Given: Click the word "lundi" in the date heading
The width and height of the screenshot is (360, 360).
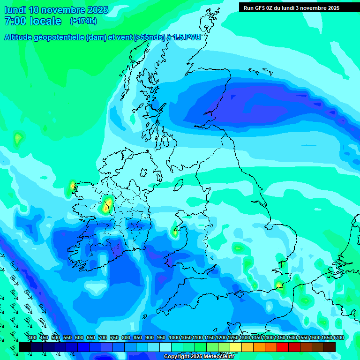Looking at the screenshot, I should pos(15,10).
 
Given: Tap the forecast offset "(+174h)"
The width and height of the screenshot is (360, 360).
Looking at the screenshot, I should pos(83,21).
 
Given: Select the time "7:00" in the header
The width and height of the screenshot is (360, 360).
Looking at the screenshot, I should pos(15,21).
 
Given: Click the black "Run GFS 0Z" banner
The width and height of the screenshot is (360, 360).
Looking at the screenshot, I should pos(291,7).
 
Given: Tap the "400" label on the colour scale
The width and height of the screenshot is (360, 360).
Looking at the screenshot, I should pos(32,337).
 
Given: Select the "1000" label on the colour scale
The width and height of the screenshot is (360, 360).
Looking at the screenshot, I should pos(174,337).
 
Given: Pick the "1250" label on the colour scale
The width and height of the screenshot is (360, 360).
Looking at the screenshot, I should pos(233,337).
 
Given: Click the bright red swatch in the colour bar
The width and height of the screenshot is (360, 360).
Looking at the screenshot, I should pos(283,347).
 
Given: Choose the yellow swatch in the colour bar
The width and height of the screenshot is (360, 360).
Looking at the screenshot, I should pos(236,347).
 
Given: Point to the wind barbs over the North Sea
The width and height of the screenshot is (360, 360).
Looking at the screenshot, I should pos(261,71).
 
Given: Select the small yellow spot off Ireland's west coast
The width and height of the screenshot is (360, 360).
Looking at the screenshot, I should pos(73,187).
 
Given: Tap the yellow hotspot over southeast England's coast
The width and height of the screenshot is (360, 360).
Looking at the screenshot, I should pos(279,285).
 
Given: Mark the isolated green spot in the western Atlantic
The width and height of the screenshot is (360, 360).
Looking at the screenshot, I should pos(18,138).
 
